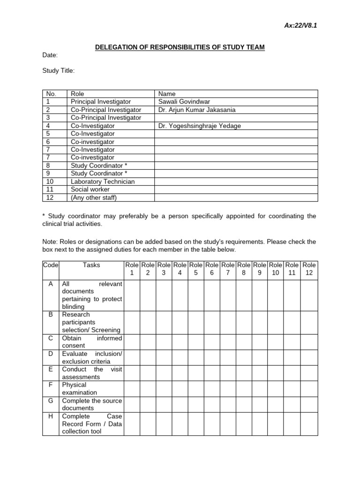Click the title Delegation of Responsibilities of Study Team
(x=180, y=47)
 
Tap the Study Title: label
(x=58, y=71)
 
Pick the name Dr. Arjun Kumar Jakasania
(x=197, y=110)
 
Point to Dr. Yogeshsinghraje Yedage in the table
(x=200, y=126)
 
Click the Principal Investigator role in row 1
(x=100, y=102)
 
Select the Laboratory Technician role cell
(x=103, y=181)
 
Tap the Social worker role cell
(x=90, y=189)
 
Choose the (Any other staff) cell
(x=93, y=197)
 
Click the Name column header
(x=167, y=94)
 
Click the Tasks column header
(x=91, y=265)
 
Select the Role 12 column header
(x=309, y=269)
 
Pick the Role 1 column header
(x=132, y=269)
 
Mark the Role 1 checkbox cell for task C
(x=132, y=342)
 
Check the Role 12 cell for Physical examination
(x=309, y=389)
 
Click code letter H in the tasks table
(x=50, y=416)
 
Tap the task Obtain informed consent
(x=91, y=342)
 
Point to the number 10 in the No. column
(x=50, y=181)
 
